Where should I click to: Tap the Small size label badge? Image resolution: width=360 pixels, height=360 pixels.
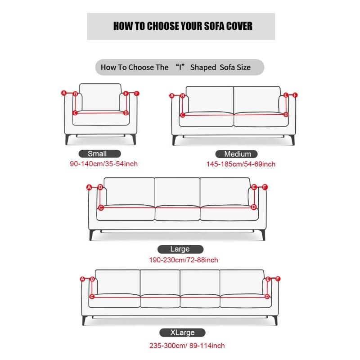[97, 153]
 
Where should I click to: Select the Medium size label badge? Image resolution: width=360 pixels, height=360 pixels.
[236, 153]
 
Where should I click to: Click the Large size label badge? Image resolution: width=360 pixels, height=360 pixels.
[180, 249]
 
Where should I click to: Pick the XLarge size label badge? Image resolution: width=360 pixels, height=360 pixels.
[182, 333]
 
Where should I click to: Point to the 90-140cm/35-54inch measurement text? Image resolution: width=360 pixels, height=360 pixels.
[103, 164]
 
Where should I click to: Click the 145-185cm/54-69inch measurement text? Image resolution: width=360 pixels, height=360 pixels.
[241, 164]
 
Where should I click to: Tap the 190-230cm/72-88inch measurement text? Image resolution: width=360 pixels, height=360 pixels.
[184, 260]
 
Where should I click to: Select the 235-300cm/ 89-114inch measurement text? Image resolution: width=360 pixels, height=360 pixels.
[187, 346]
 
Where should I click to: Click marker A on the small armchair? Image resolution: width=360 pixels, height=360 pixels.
[64, 94]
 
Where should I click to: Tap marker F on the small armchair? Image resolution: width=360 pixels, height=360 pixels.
[137, 94]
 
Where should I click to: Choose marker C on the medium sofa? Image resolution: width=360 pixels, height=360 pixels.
[183, 115]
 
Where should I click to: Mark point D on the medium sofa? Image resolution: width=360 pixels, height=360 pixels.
[286, 115]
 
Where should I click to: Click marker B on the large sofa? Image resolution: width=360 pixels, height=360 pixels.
[100, 187]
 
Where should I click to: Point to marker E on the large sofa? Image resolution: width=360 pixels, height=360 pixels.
[254, 187]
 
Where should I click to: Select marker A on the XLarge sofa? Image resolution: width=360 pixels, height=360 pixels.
[82, 279]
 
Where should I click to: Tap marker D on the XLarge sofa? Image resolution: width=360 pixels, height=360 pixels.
[267, 297]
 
